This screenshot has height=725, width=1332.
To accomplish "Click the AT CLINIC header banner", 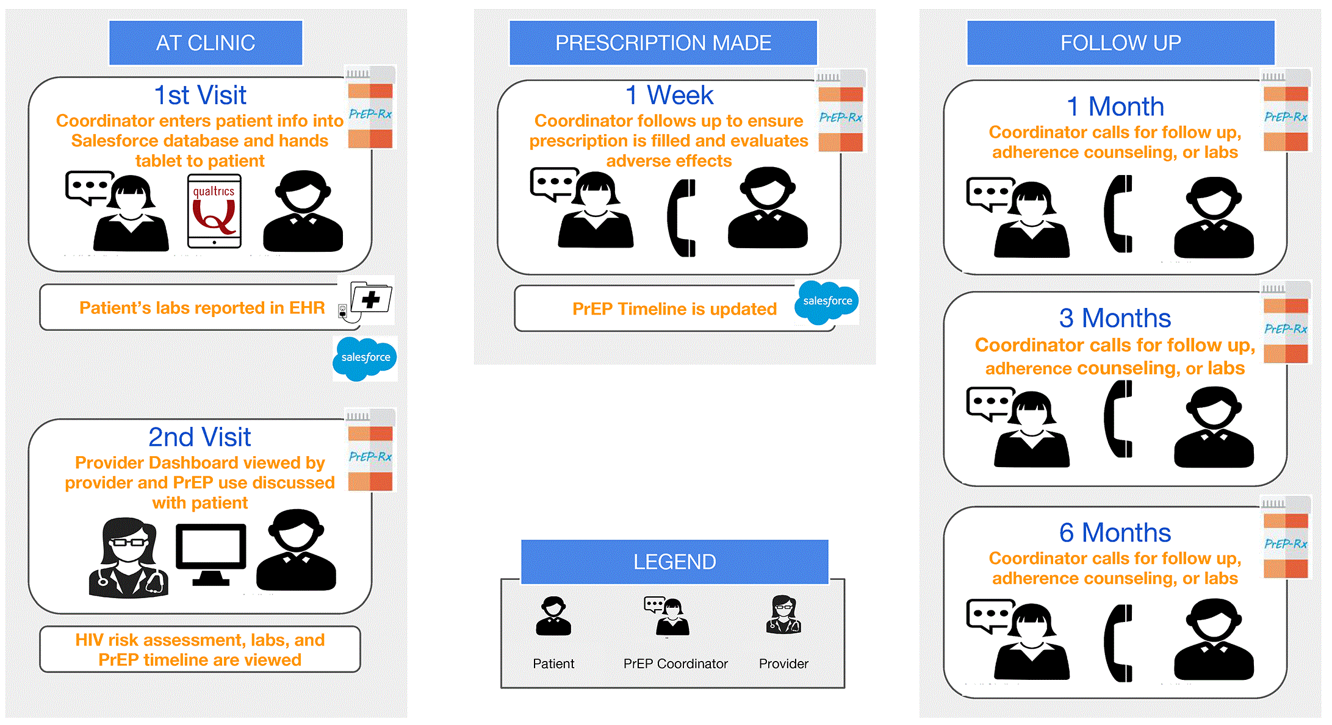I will tap(206, 43).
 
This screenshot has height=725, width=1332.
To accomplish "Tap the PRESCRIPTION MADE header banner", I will tap(663, 43).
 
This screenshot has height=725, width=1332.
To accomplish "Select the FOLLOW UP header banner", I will tap(1120, 43).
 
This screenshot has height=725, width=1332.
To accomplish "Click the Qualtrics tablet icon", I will tap(214, 211).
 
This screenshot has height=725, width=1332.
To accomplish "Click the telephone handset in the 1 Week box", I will tap(682, 218).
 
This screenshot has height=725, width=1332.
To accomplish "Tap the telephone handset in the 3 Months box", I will tap(1118, 418).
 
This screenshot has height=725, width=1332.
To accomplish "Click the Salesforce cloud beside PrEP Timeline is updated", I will tap(827, 301).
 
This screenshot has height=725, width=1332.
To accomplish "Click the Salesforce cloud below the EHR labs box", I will tap(365, 358).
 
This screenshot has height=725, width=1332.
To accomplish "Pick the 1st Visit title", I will tap(200, 95).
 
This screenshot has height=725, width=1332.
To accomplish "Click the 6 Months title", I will tap(1115, 533).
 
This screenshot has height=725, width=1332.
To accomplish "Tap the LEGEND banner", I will tap(674, 562).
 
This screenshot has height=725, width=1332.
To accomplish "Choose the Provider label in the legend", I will tap(783, 663).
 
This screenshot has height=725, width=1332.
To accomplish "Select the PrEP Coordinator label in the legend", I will tap(675, 663).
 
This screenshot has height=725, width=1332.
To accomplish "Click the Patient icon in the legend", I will tap(553, 616).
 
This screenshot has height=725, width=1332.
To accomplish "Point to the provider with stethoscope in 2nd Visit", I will tap(128, 557).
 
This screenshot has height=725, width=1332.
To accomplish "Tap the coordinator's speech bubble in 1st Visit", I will tap(88, 186).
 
